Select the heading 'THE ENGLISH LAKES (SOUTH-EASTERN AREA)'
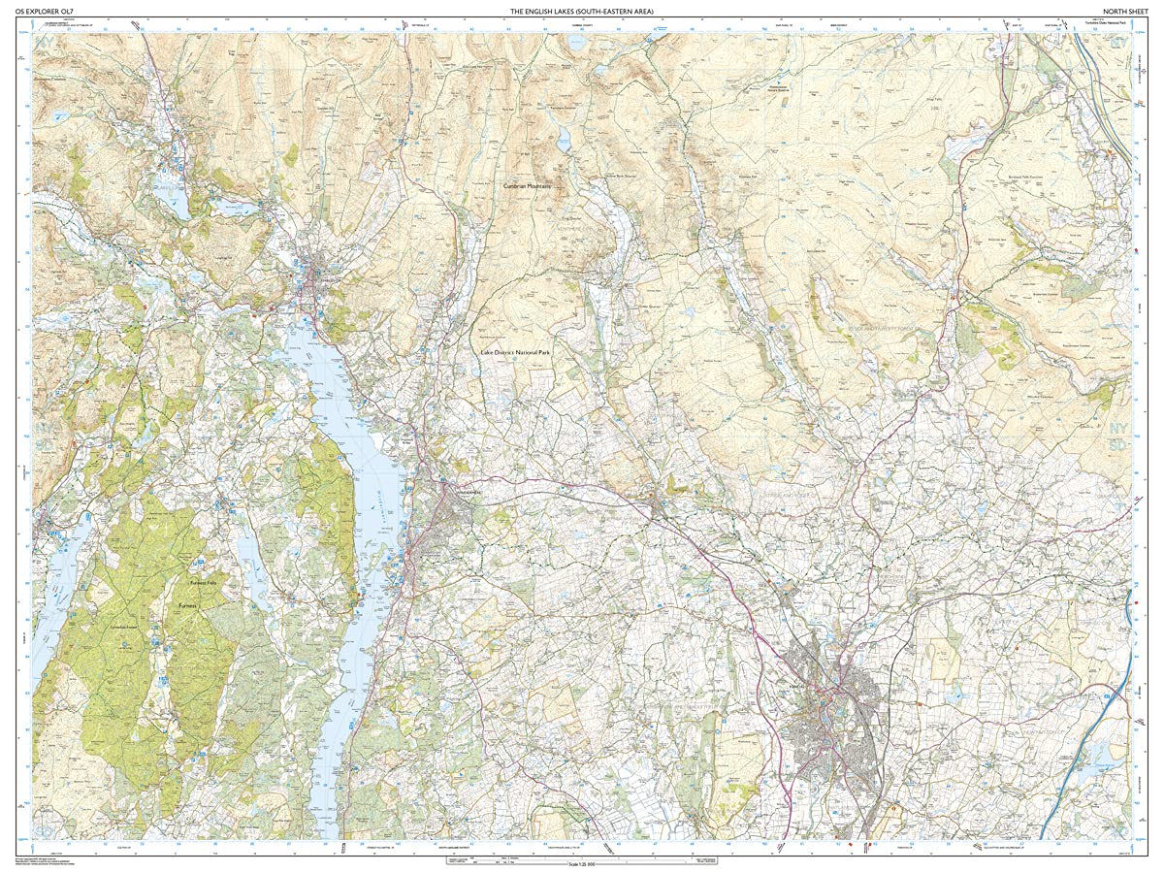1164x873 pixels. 582,11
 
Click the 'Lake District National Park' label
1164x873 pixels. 515,355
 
